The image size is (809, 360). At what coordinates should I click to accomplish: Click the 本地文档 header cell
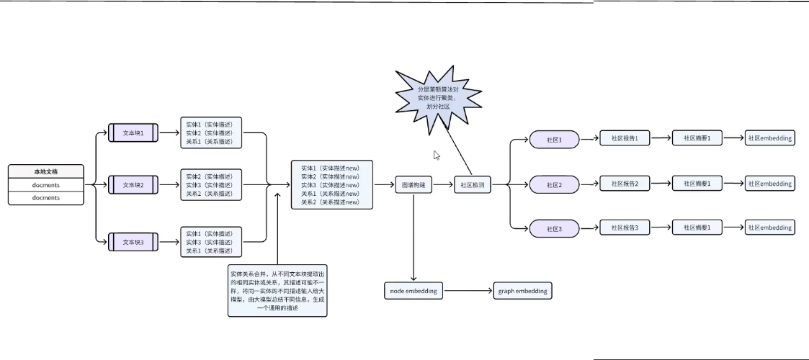point(46,172)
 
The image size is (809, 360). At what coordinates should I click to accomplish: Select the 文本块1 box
point(133,133)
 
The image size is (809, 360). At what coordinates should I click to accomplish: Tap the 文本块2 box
point(133,185)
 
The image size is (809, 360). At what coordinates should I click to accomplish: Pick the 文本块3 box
point(133,243)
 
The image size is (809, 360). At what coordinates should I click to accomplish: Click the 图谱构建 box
point(414,185)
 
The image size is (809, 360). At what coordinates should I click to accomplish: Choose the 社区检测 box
point(473,185)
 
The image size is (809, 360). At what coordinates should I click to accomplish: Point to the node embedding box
point(413,292)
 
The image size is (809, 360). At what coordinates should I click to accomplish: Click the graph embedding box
point(522,292)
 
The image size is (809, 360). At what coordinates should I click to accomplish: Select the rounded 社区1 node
point(554,140)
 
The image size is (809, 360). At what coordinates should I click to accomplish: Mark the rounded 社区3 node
point(554,230)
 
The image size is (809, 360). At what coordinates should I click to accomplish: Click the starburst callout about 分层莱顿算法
point(438,97)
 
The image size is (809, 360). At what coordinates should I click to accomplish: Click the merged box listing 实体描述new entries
point(332,185)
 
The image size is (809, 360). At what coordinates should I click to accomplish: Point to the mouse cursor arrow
point(437,154)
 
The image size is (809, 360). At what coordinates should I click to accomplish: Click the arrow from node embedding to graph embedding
point(467,292)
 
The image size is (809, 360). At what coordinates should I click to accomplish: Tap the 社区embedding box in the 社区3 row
point(770,228)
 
